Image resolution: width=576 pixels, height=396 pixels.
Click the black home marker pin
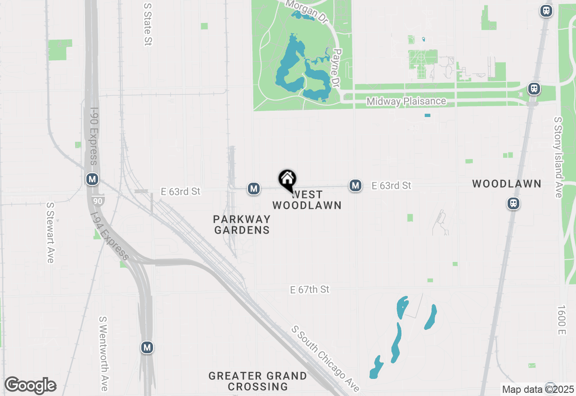(287, 180)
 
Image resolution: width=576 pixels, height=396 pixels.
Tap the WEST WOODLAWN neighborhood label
(307, 200)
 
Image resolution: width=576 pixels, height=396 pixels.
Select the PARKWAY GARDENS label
(242, 225)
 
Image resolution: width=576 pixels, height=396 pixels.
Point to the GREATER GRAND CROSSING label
(258, 381)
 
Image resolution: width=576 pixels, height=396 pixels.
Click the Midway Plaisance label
(406, 101)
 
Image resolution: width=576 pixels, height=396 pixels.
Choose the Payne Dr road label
(335, 67)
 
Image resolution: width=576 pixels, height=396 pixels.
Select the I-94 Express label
(109, 237)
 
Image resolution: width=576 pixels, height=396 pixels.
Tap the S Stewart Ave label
(50, 232)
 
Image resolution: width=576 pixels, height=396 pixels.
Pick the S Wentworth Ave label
(104, 354)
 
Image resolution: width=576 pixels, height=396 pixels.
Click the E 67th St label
(310, 289)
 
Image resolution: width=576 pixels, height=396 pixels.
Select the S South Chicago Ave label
(325, 359)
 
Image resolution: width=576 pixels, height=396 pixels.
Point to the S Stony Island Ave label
(558, 157)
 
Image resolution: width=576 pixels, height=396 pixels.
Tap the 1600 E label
(561, 320)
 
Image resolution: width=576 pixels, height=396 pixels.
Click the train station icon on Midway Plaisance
(534, 89)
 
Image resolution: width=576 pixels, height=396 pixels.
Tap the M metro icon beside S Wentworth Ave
(147, 347)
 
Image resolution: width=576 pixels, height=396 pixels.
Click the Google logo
(30, 386)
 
